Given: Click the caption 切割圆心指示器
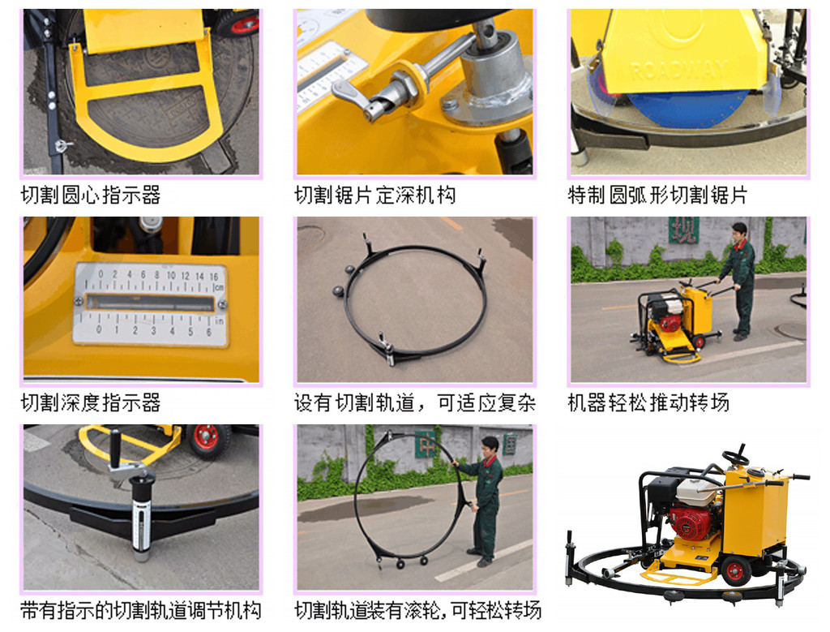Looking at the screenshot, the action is (x=91, y=195).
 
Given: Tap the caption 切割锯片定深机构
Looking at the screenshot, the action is (x=374, y=195).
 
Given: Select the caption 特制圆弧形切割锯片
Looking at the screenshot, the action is (x=657, y=195).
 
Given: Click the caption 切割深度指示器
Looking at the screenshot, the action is (x=91, y=402).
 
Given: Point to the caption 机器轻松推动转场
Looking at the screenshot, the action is (x=648, y=402).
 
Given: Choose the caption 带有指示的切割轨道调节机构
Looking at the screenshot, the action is (x=141, y=610).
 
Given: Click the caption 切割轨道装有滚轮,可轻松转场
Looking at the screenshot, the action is (x=417, y=610).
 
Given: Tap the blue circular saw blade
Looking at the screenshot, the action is (x=688, y=109).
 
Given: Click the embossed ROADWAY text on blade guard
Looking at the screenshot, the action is (x=679, y=70).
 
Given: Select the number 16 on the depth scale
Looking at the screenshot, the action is (x=214, y=276).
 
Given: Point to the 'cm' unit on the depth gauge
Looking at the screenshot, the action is (x=219, y=287).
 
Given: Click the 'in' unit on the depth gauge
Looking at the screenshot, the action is (x=219, y=320).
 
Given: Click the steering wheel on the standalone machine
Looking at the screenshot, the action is (x=736, y=457).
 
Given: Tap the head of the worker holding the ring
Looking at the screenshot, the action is (x=490, y=445).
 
